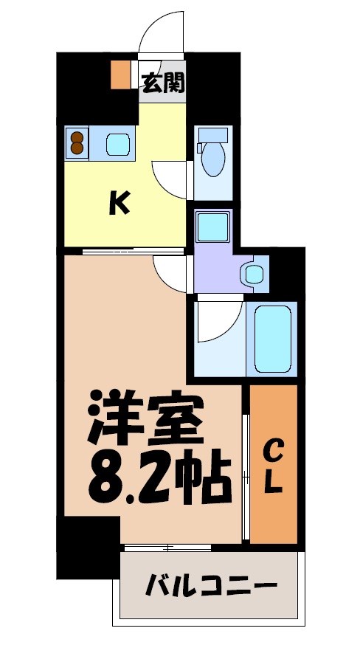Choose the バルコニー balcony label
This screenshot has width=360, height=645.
(x=211, y=587)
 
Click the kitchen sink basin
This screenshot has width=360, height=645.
(x=118, y=142)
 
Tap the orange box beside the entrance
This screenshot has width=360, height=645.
(x=119, y=74)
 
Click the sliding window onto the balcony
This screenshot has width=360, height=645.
(x=167, y=547)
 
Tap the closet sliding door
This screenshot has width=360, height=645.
(x=246, y=463)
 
